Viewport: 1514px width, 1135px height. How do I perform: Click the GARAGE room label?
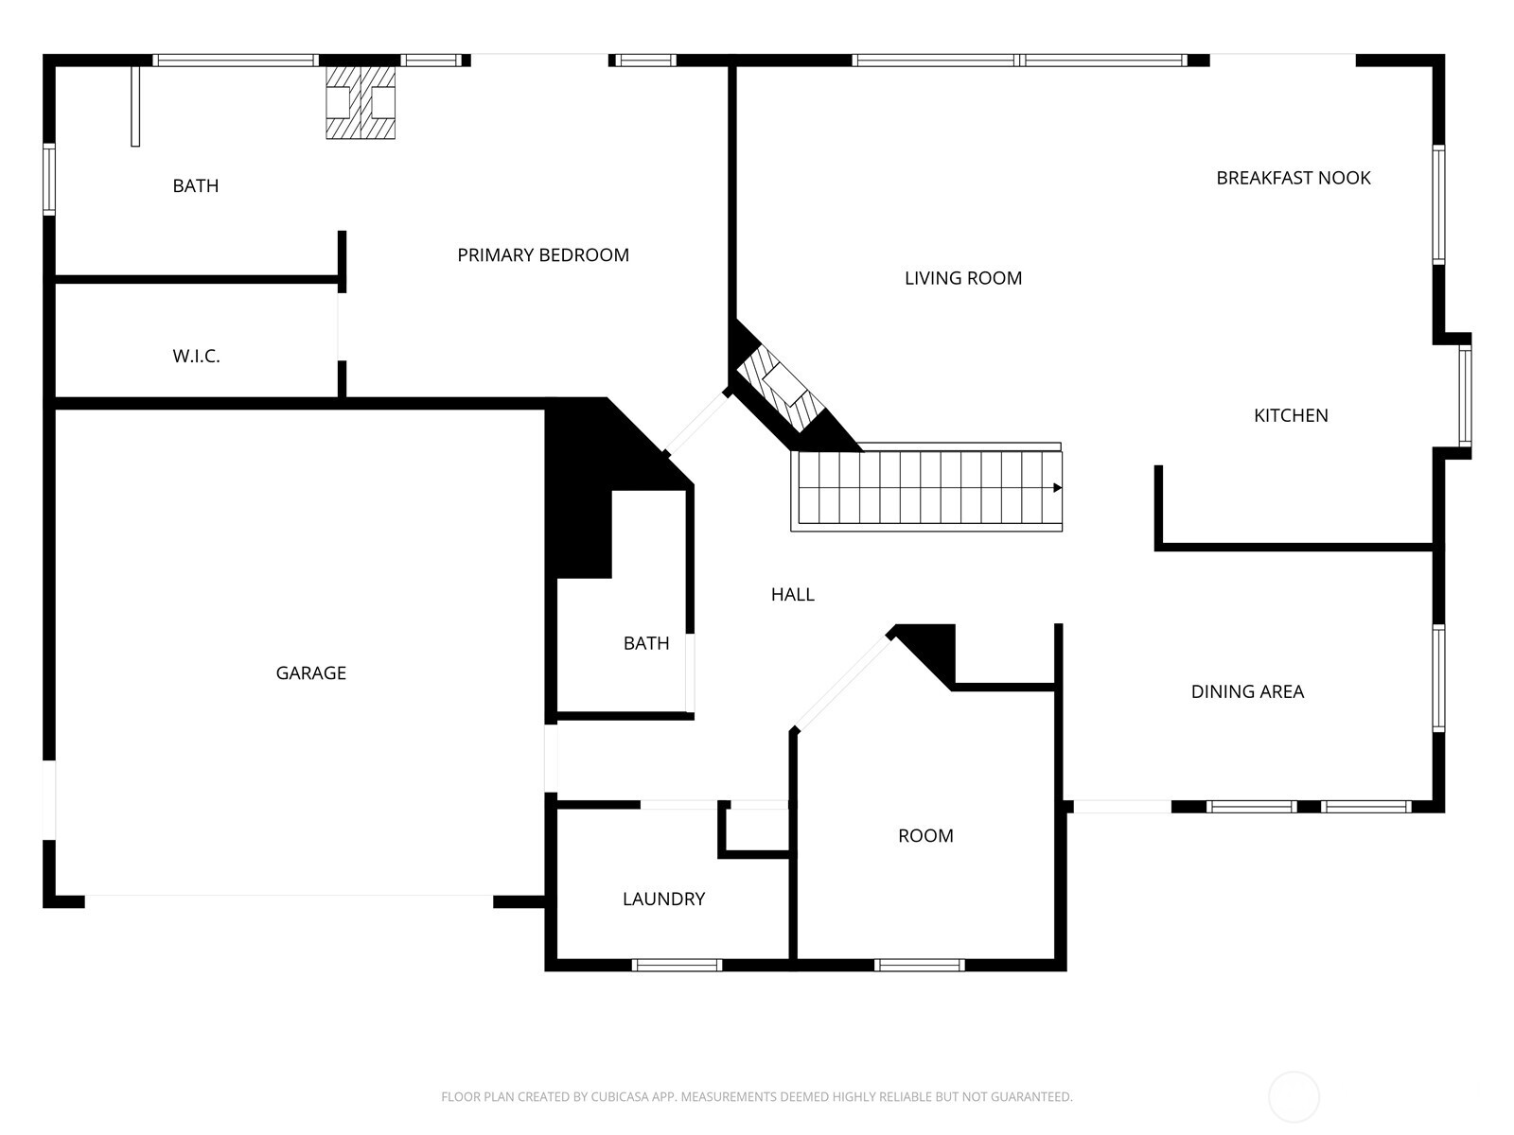coord(310,672)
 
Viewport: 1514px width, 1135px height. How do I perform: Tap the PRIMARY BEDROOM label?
coord(542,254)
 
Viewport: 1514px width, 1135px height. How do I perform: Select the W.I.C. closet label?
coord(196,356)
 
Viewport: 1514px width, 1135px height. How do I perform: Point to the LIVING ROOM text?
coord(962,278)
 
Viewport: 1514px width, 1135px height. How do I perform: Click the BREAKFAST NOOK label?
coord(1293,178)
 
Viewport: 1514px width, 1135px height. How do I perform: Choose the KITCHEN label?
coord(1290,415)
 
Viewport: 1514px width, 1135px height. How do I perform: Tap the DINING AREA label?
coord(1246,691)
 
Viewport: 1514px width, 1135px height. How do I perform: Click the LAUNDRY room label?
coord(663,899)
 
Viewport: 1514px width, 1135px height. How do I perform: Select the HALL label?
coord(792,594)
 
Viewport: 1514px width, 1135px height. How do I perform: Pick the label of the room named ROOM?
coord(924,835)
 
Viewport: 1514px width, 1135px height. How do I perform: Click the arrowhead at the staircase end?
coord(1057,488)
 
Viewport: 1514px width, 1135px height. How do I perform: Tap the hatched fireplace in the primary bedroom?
coord(360,102)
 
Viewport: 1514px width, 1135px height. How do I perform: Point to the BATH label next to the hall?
coord(645,643)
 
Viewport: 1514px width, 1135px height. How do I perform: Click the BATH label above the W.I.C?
coord(195,185)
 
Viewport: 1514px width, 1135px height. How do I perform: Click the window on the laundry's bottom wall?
coord(677,965)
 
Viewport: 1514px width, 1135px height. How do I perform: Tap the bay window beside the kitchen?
coord(1464,395)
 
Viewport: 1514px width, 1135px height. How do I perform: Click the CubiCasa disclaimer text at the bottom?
coord(756,1097)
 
